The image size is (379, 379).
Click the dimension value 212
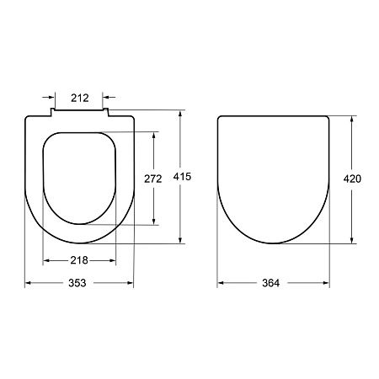pos(80,98)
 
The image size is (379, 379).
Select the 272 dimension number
pos(153,179)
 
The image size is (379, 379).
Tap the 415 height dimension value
pos(182,177)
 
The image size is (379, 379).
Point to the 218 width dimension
pos(79,260)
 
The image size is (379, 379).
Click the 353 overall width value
pos(77,283)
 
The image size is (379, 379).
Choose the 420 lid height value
pos(352,179)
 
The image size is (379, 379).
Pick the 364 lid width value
pos(271,283)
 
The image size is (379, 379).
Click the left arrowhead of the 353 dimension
pos(28,283)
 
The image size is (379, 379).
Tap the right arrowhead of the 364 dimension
pos(326,283)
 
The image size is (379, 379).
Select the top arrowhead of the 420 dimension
pos(351,119)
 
